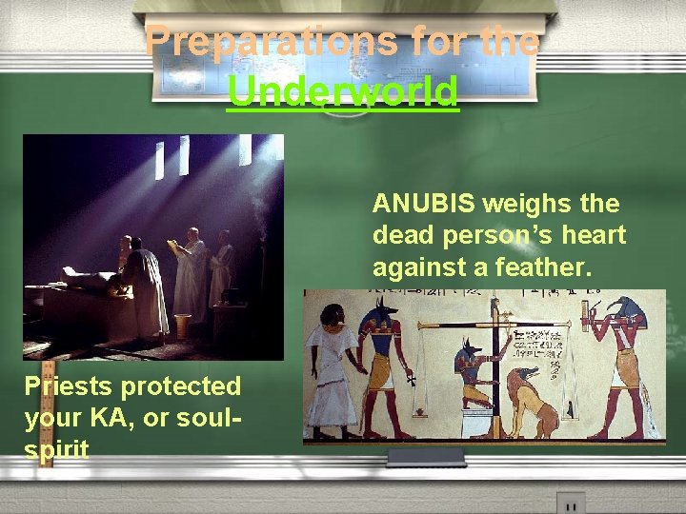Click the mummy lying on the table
(87, 279)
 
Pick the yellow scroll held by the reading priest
(173, 246)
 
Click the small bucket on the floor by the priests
(183, 326)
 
